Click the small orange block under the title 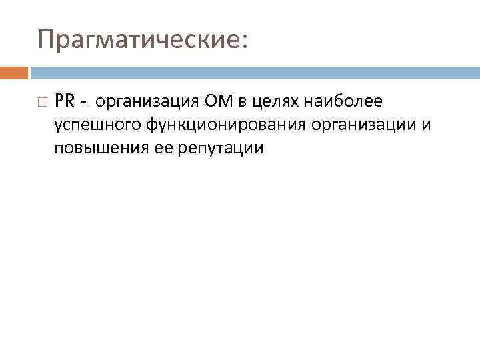coord(14,72)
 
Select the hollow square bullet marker coord(43,102)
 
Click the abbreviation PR coord(65,101)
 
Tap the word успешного coord(95,125)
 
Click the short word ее coord(163,148)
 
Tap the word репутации coord(220,149)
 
